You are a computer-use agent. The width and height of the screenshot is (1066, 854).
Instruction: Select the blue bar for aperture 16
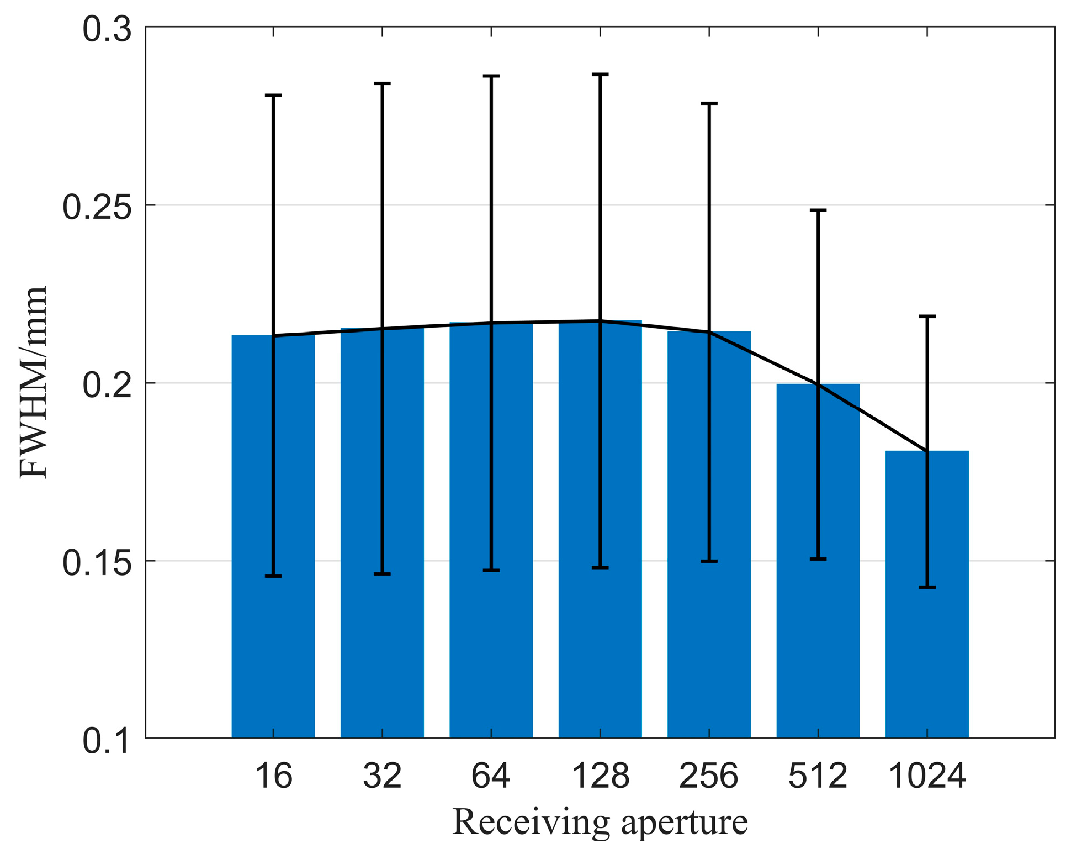click(251, 536)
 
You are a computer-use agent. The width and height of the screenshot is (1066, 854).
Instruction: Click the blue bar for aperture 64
click(469, 530)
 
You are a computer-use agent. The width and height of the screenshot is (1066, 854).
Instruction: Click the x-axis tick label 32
click(382, 776)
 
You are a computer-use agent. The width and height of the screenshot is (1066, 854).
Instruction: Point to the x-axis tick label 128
click(600, 776)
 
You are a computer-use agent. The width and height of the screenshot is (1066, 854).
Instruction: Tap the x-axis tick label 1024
click(926, 776)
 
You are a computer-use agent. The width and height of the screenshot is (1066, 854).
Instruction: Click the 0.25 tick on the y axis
click(97, 208)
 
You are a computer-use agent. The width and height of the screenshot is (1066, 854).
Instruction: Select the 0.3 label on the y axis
click(107, 29)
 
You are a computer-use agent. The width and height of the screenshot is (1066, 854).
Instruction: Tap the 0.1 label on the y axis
click(107, 741)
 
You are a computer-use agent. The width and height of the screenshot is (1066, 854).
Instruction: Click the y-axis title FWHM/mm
click(33, 382)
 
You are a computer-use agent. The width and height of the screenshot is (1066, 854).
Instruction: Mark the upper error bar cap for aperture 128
click(600, 74)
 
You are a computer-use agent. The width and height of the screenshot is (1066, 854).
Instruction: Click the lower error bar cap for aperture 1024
click(927, 587)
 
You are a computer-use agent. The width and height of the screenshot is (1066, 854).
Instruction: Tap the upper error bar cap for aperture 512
click(818, 210)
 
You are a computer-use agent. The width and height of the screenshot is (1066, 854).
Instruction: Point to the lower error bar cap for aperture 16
click(273, 576)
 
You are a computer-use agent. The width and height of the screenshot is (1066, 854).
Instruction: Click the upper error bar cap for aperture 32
click(382, 83)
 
